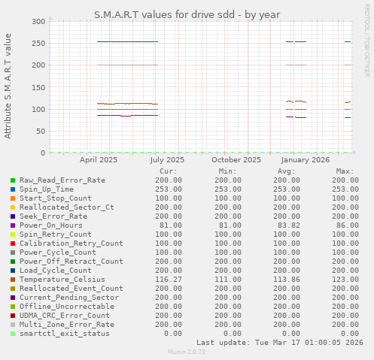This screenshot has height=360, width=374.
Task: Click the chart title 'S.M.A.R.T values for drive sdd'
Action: pos(187,14)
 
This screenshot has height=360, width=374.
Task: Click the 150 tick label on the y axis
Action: pos(37,87)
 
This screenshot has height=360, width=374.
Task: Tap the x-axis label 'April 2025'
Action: pos(99,159)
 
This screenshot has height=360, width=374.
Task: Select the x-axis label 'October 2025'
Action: pos(236,159)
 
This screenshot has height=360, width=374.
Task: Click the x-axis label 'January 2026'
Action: pos(306,159)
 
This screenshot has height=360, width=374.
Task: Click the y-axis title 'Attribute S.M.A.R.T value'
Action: pos(8,86)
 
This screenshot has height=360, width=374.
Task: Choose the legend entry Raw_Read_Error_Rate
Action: pos(62,180)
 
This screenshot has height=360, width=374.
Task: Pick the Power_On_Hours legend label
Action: pos(50,225)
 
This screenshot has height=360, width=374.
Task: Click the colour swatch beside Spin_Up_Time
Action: pos(13,189)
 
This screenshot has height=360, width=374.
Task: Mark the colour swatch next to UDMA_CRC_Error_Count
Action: pos(13,316)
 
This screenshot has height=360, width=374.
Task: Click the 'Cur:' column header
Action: pos(169,171)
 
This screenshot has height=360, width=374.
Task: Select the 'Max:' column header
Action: pos(345,171)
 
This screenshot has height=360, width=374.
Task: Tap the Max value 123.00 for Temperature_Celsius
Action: pos(342,280)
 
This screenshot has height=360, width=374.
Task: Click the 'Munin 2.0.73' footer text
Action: pos(187,352)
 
